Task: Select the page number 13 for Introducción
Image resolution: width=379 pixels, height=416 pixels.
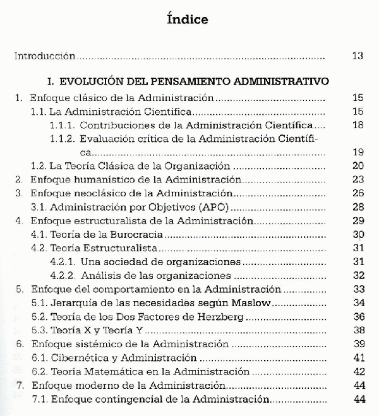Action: click(x=358, y=56)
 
